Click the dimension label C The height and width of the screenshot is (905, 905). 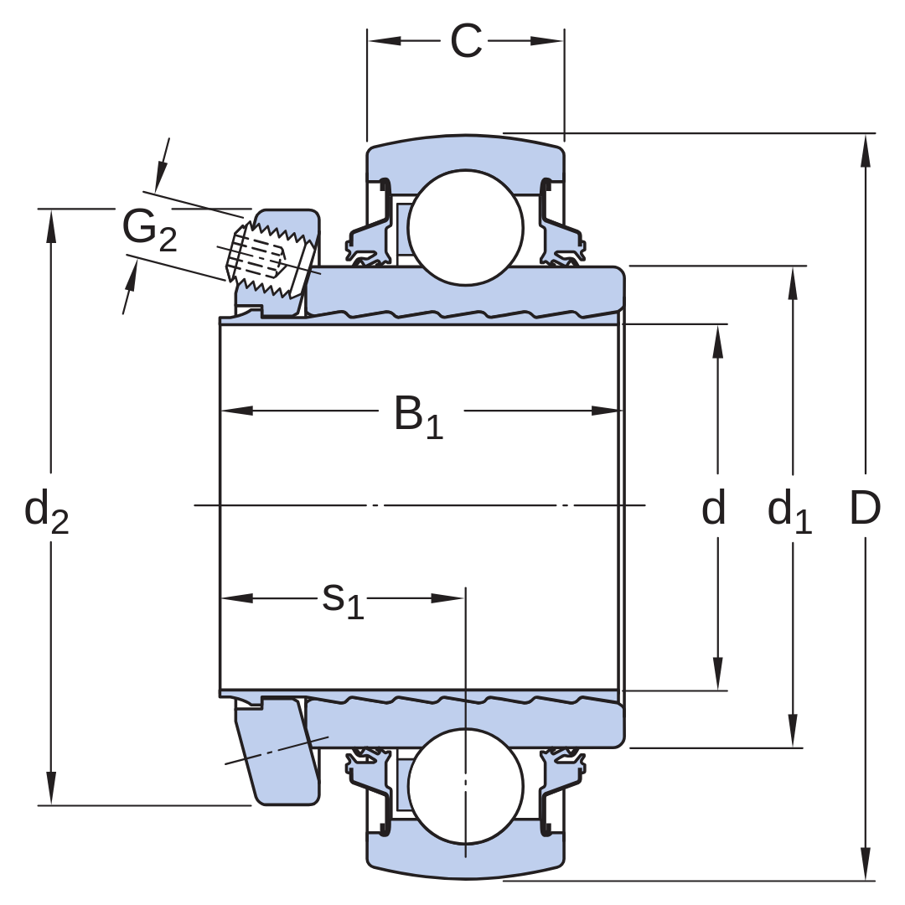[x=466, y=41]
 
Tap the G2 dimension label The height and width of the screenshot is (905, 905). [x=149, y=230]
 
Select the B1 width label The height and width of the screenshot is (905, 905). [x=418, y=416]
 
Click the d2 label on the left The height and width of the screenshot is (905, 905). [x=47, y=511]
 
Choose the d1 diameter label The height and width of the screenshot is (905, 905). [x=789, y=510]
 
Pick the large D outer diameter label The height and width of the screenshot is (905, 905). [x=865, y=508]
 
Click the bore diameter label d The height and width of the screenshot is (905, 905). [x=713, y=507]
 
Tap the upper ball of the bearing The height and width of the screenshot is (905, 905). [x=466, y=227]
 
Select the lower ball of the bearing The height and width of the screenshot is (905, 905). [x=466, y=786]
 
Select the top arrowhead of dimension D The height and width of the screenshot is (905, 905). [x=865, y=151]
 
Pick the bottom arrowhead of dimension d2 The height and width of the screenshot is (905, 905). [x=51, y=787]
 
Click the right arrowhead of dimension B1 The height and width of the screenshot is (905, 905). [x=607, y=411]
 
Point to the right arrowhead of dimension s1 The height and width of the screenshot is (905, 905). [x=447, y=598]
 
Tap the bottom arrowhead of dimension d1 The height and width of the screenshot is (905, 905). [x=793, y=731]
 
